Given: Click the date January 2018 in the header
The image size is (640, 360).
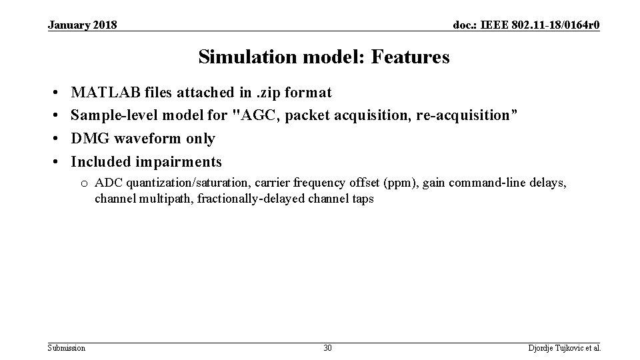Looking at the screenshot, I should [82, 25].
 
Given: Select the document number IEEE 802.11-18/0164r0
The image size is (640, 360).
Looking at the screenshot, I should [526, 25].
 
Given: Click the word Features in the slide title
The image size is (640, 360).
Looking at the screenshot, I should [412, 58].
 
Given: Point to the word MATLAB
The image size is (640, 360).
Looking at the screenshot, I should [103, 92].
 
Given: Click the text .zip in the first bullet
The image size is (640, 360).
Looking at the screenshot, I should [266, 92].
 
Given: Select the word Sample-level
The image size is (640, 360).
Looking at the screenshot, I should [111, 115].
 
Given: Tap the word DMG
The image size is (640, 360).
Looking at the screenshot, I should [88, 139].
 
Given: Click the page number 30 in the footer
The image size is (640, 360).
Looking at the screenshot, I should [327, 347].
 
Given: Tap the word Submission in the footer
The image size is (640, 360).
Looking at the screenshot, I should [67, 347].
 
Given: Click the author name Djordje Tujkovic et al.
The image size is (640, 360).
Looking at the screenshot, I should [564, 347].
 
